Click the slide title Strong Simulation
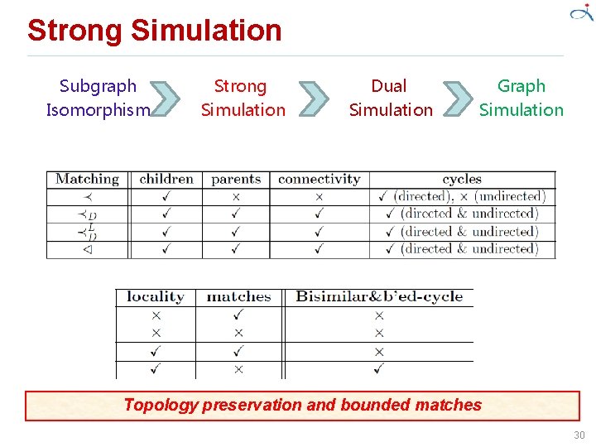155,31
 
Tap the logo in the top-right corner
579,13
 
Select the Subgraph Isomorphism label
99,98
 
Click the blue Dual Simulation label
390,98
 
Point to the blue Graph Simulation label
521,98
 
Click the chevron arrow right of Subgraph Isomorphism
168,98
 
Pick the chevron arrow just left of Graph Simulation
457,98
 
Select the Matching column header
87,179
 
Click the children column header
166,179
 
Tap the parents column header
236,179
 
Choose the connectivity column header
319,179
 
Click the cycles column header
462,179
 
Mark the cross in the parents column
236,197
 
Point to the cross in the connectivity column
319,197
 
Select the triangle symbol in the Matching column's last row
87,249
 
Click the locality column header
155,296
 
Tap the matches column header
238,296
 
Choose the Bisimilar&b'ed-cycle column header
379,296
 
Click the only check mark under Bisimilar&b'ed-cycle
378,369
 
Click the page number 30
579,435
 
